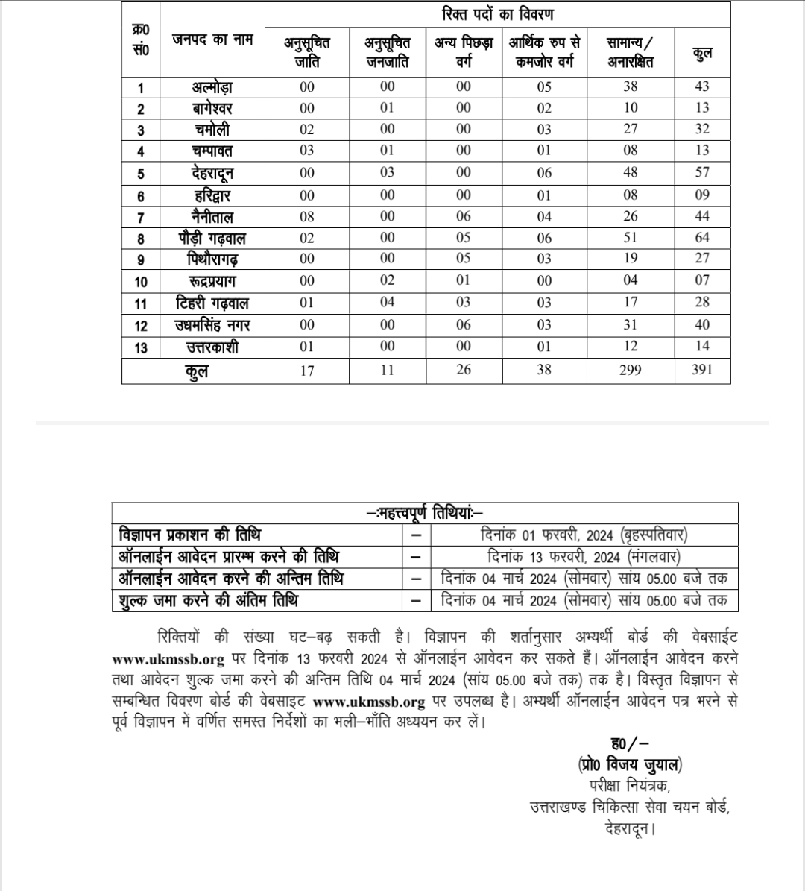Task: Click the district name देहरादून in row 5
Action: pos(212,173)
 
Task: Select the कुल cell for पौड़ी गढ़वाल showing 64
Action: pos(701,238)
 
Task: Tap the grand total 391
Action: pos(701,369)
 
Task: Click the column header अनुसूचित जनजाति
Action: pos(387,52)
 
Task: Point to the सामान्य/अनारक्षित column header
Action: pos(631,52)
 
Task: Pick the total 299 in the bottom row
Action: pos(631,369)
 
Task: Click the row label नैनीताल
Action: pos(212,217)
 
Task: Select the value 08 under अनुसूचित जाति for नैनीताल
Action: pos(307,217)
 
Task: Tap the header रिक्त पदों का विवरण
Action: pos(496,15)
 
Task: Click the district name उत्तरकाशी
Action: pos(212,347)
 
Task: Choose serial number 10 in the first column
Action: pos(141,282)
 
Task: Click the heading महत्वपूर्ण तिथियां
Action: pos(426,513)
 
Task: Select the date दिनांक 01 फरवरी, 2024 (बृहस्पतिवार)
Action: pos(584,535)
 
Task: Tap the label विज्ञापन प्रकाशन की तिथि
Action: pos(190,535)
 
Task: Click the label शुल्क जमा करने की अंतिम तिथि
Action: pos(209,600)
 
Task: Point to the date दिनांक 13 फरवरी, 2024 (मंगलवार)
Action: pos(584,557)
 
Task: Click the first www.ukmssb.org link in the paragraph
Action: pos(168,659)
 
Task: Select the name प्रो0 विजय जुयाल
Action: pos(629,764)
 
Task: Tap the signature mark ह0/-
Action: pos(629,743)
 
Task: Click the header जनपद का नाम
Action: pos(212,40)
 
